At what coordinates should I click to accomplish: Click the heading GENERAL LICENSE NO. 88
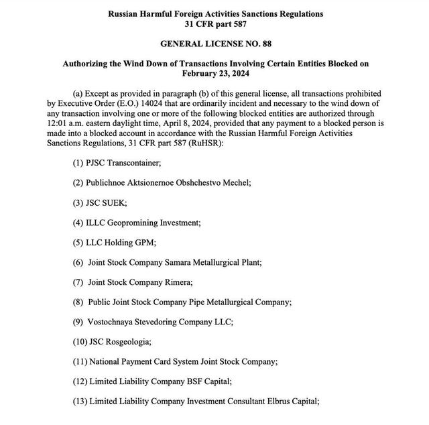214,43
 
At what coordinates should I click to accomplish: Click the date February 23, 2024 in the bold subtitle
214,72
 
